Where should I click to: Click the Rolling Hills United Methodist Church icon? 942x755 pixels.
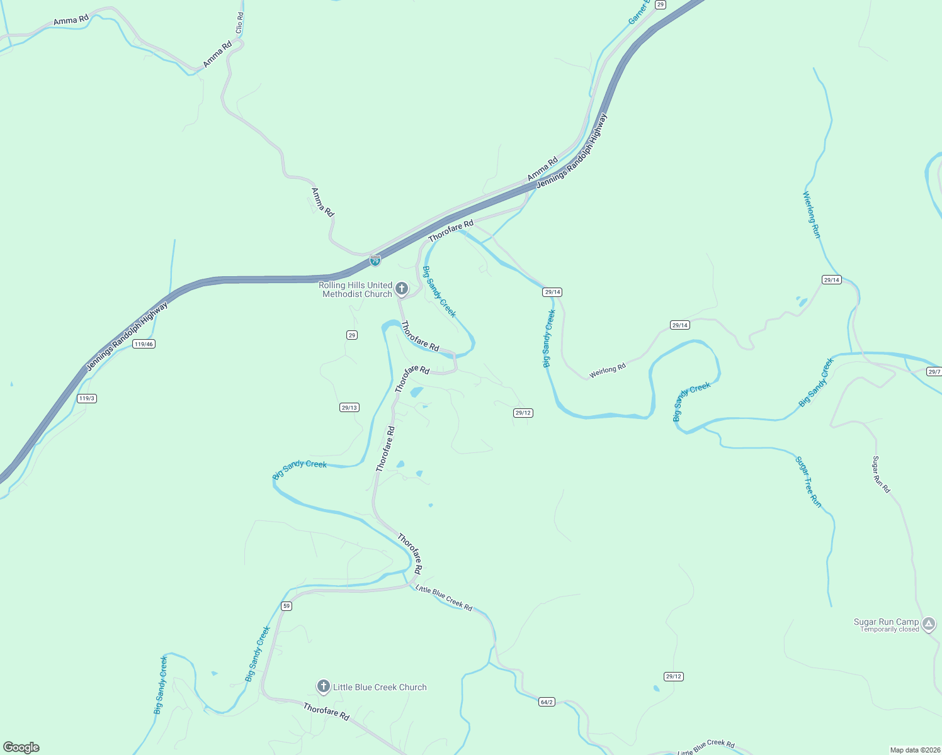(x=402, y=289)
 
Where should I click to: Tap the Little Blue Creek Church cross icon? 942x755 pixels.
(x=324, y=686)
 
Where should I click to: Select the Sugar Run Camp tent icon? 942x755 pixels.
(x=929, y=625)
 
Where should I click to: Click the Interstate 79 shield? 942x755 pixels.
(x=375, y=260)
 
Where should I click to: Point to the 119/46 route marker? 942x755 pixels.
(x=144, y=344)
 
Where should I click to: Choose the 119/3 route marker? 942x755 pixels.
(x=87, y=398)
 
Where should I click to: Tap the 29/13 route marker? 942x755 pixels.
(x=349, y=408)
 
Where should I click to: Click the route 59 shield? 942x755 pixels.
(x=287, y=606)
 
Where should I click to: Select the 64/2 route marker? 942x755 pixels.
(x=547, y=702)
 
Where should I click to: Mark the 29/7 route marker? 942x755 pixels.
(x=934, y=372)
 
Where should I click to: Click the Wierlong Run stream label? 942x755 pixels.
(x=812, y=215)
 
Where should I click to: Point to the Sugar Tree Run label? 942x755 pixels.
(x=809, y=482)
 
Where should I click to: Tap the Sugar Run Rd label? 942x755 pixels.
(x=881, y=474)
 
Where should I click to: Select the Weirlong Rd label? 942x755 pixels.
(x=607, y=371)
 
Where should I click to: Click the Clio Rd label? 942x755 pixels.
(x=239, y=23)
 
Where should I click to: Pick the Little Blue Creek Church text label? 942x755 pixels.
(x=380, y=687)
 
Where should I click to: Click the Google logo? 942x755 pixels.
(x=21, y=747)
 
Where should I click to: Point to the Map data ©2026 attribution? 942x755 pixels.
(x=914, y=750)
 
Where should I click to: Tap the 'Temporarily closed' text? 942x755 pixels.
(x=889, y=630)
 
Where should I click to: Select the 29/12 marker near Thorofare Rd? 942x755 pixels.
(x=523, y=413)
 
